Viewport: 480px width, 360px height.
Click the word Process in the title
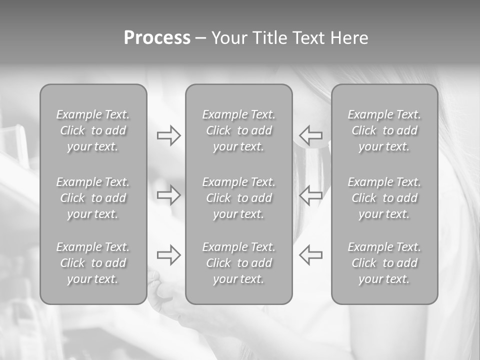pos(157,38)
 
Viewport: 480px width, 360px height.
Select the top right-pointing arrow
pos(168,135)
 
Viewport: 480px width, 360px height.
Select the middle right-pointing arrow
pos(168,195)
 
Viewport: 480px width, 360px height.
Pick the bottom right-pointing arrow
pos(168,254)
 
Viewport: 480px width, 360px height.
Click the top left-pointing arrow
pos(310,135)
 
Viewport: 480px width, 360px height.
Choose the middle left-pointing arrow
pos(310,195)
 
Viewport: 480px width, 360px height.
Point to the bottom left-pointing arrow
pos(310,254)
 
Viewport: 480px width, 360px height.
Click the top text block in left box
pos(93,130)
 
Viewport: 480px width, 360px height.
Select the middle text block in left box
pos(93,198)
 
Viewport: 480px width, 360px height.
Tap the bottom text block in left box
pos(93,263)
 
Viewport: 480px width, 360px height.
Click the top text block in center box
pos(238,130)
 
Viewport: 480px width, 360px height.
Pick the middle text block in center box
pos(238,198)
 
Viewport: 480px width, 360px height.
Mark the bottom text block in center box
pos(238,263)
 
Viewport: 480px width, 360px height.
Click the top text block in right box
pos(384,130)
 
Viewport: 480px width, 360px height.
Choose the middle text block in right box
pos(384,198)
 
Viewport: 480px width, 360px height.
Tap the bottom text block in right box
pos(384,263)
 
